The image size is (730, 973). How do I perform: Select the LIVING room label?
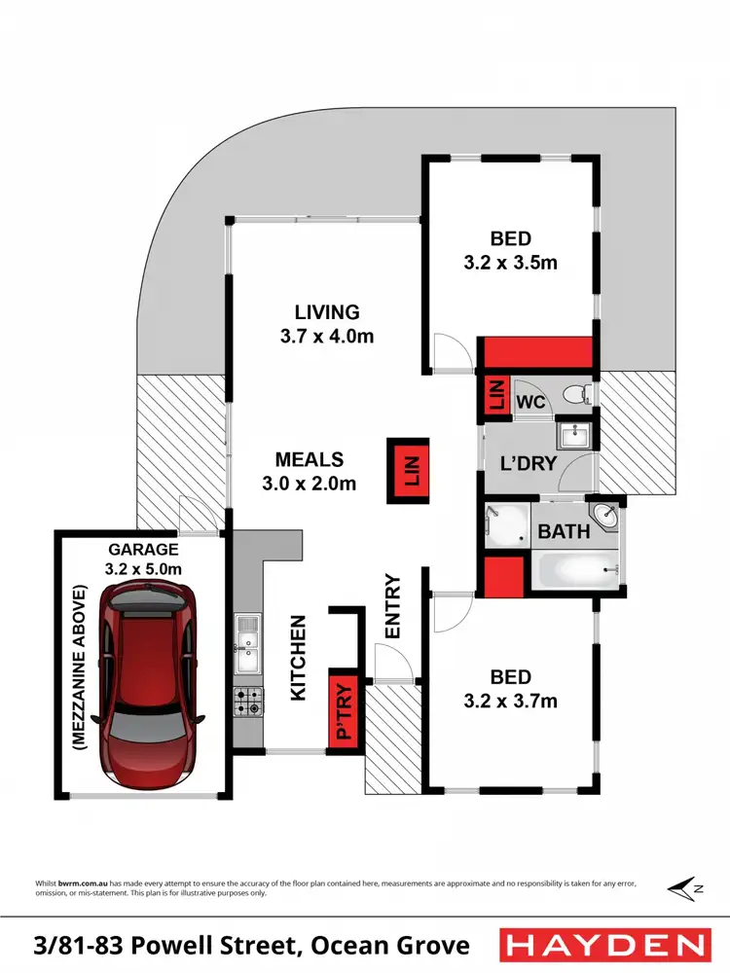[327, 312]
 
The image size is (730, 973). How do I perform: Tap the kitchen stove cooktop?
[247, 701]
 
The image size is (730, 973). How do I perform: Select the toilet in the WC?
[580, 394]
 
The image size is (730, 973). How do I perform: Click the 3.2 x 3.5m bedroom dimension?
[510, 263]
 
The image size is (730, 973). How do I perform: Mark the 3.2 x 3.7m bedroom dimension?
[510, 701]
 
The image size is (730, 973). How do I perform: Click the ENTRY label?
[393, 607]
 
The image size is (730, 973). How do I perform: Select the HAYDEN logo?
[603, 945]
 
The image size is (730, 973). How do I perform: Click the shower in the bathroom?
[506, 525]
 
